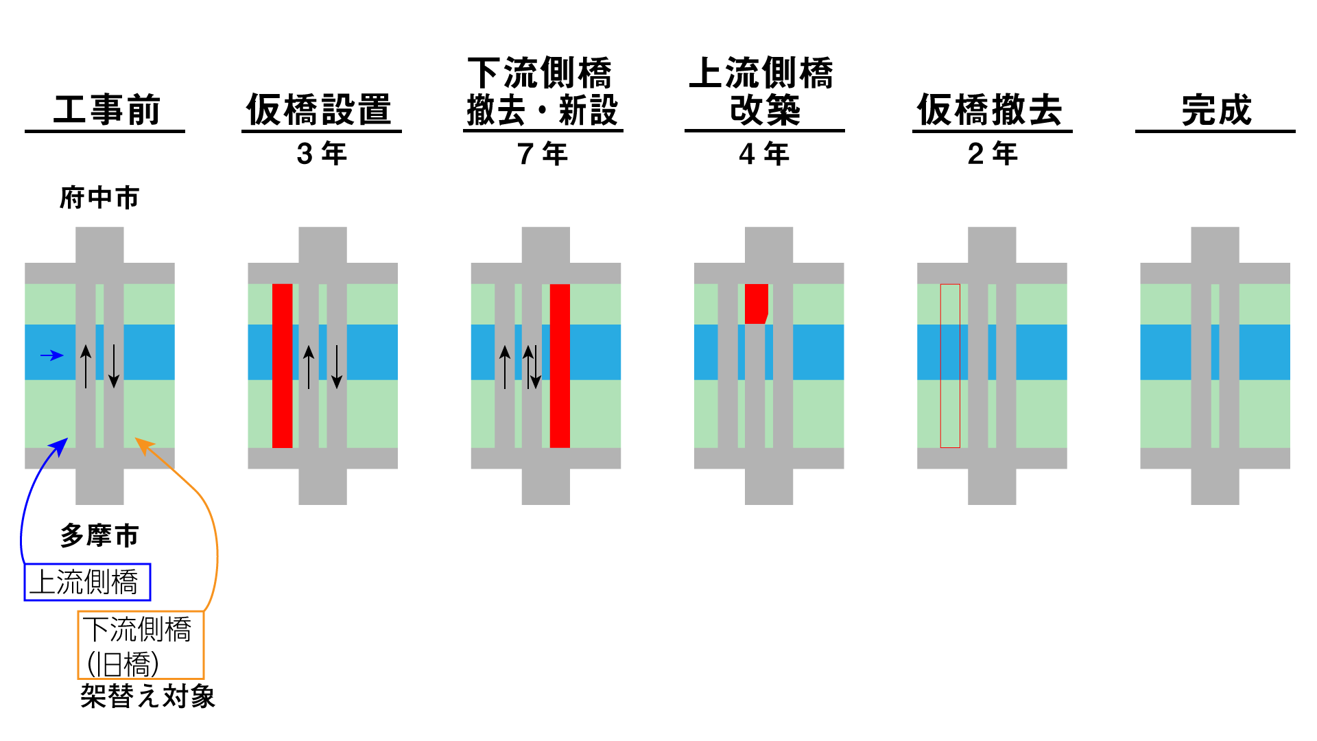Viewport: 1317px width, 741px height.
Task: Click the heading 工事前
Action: (x=106, y=110)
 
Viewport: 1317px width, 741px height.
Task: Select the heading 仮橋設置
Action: (x=319, y=110)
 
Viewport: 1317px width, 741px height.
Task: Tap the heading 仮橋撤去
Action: (x=990, y=110)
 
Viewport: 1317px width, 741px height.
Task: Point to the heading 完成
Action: (x=1216, y=110)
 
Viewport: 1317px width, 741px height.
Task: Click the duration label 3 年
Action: (x=322, y=154)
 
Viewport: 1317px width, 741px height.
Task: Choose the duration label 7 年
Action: (x=543, y=154)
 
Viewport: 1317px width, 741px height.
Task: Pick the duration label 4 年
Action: (x=764, y=154)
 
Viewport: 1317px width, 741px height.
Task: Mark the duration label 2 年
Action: (x=993, y=154)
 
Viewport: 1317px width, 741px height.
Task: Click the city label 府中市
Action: (x=99, y=198)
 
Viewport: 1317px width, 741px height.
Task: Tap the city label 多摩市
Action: (x=99, y=535)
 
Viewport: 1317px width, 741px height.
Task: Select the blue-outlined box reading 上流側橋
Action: (x=87, y=583)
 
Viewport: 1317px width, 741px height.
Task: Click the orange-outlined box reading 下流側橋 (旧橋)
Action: (x=141, y=646)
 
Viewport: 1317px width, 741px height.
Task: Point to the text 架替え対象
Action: (x=147, y=696)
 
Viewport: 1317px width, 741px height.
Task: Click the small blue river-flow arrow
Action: (x=52, y=355)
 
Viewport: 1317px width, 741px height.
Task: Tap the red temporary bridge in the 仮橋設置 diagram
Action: (x=283, y=366)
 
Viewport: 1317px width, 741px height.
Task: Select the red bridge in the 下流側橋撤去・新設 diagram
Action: (x=560, y=366)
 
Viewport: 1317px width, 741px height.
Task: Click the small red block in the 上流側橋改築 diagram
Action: (x=756, y=303)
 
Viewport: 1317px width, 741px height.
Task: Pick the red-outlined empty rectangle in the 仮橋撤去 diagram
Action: (x=950, y=366)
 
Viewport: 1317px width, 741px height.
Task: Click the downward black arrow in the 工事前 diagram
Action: (x=114, y=366)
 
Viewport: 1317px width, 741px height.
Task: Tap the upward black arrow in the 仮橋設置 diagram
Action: (x=309, y=366)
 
